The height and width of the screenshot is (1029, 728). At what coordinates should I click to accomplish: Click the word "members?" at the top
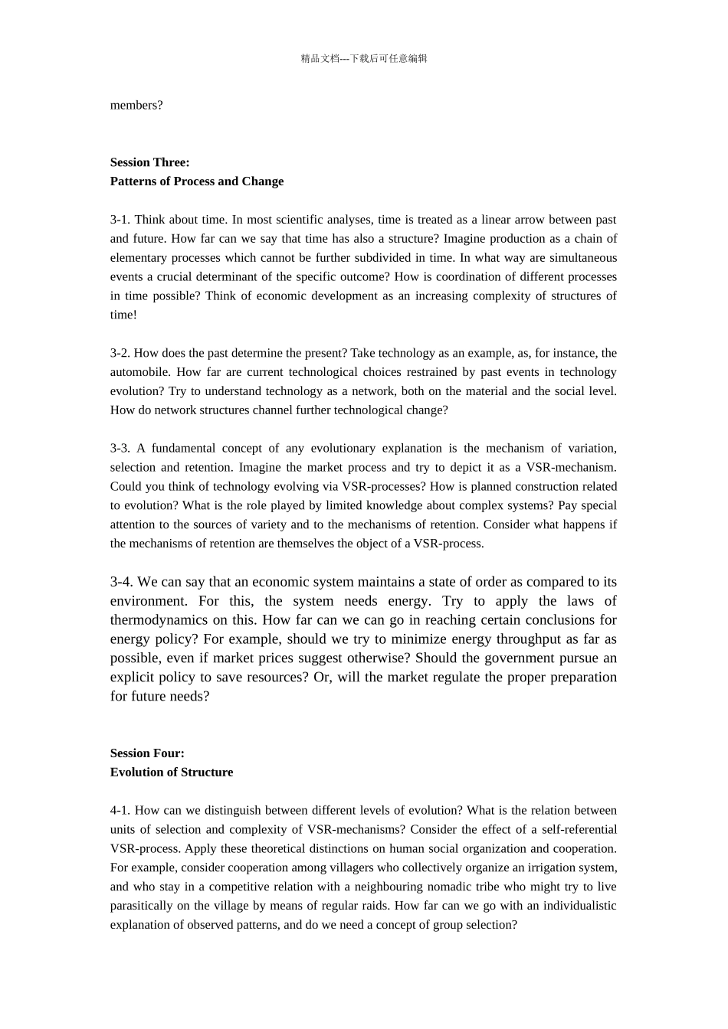[136, 106]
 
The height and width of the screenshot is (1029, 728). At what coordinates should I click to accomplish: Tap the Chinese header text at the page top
[364, 58]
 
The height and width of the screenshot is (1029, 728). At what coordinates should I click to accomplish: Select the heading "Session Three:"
[149, 162]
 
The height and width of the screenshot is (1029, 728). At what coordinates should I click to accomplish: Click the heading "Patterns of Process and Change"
[197, 181]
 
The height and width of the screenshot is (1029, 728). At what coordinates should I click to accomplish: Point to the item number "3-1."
[120, 220]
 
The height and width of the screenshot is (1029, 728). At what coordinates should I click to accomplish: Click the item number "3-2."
[120, 353]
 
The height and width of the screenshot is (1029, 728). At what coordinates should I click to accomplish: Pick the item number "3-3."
[120, 449]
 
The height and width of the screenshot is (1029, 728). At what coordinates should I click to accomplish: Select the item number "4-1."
[120, 811]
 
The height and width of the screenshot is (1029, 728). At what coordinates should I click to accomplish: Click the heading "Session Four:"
[147, 753]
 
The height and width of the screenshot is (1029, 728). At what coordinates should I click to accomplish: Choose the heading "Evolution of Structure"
[172, 773]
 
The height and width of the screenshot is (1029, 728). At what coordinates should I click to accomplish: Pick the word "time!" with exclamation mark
[123, 315]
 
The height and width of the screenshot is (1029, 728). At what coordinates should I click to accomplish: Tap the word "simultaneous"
[582, 258]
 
